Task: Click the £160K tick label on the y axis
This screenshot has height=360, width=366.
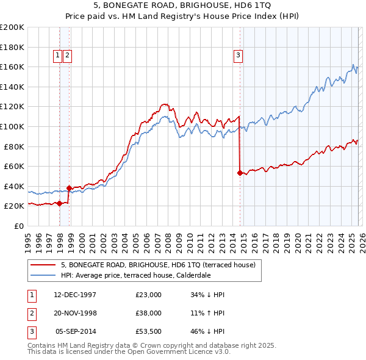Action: [12, 67]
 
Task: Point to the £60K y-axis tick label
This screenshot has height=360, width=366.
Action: [13, 166]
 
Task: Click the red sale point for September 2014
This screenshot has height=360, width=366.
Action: [240, 173]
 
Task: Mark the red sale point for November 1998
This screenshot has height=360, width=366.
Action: [69, 188]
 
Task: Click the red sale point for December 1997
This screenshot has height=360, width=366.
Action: [59, 203]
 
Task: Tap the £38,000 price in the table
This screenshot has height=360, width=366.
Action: [149, 313]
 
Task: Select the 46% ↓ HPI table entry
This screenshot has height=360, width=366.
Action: [207, 332]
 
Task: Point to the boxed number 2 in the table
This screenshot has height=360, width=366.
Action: [31, 313]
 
